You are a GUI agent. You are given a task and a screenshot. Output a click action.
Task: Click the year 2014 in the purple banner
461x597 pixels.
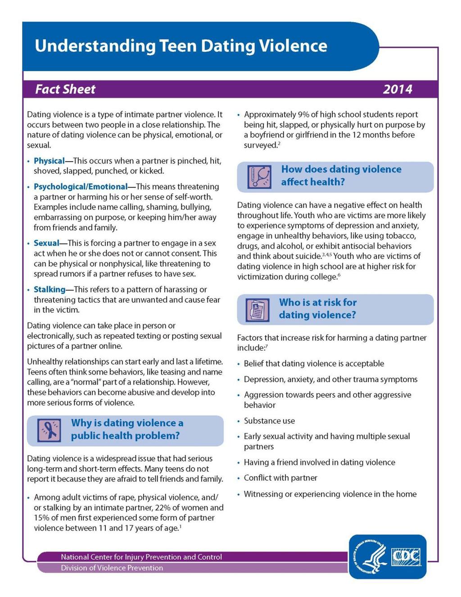click(x=397, y=89)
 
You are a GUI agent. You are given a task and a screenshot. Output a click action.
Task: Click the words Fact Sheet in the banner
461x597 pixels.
click(x=65, y=89)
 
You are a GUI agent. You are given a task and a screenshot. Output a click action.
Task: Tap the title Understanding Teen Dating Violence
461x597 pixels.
click(x=181, y=46)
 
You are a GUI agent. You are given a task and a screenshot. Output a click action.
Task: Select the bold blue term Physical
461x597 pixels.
click(x=49, y=161)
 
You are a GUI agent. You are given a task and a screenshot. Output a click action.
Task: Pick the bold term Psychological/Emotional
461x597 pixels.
click(x=81, y=187)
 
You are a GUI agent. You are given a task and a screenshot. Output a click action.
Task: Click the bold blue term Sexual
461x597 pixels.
click(x=46, y=243)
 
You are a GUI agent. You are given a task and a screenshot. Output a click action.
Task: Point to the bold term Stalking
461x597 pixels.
click(x=50, y=289)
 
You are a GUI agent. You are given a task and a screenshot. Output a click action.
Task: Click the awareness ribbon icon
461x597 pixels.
click(x=49, y=430)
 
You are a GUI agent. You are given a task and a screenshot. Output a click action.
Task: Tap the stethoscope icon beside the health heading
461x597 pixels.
click(x=259, y=176)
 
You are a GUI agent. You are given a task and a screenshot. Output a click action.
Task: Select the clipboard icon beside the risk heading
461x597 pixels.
click(x=258, y=310)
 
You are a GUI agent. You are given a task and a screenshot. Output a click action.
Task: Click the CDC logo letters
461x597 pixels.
click(x=406, y=557)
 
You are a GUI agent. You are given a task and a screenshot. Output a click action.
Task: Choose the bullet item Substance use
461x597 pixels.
click(x=269, y=421)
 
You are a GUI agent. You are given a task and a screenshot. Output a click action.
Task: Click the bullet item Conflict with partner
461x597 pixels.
click(x=280, y=478)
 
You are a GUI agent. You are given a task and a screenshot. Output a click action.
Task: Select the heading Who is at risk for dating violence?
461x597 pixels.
click(x=317, y=309)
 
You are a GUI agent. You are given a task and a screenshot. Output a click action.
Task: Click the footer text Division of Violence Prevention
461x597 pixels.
click(x=112, y=568)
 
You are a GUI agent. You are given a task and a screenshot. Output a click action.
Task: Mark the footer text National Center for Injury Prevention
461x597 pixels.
click(x=141, y=557)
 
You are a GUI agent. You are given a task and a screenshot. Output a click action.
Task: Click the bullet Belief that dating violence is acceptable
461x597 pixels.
click(x=314, y=364)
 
